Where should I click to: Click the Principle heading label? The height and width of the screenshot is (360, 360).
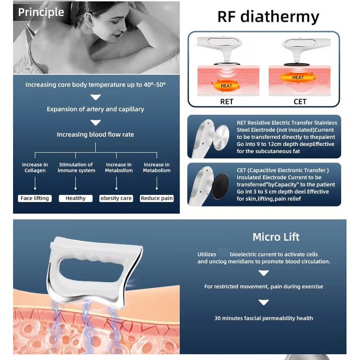tap(41, 12)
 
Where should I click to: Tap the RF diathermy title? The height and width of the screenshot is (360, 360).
tap(268, 17)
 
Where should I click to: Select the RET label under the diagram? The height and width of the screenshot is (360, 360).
tap(227, 101)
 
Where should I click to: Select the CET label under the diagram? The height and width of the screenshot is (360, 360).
tap(300, 101)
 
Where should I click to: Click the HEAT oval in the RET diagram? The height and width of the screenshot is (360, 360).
tap(227, 85)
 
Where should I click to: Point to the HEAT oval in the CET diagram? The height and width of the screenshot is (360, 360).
tap(298, 77)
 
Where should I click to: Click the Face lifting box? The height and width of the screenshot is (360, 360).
tap(35, 198)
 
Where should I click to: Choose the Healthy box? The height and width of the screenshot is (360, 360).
tap(76, 198)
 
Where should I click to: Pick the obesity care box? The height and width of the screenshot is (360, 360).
tap(116, 198)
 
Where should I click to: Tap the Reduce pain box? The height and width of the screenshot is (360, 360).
tap(157, 198)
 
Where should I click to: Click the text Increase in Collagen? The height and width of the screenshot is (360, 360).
tap(35, 167)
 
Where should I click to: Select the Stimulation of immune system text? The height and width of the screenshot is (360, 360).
tap(76, 167)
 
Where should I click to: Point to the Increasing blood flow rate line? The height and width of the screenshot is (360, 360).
tap(95, 135)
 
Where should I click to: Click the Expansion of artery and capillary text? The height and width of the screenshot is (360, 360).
tap(95, 109)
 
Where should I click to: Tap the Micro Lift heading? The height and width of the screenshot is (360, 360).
tap(276, 237)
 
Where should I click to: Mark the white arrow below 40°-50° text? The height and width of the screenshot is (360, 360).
tap(95, 97)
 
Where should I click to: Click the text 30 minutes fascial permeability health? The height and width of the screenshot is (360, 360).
tap(264, 318)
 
